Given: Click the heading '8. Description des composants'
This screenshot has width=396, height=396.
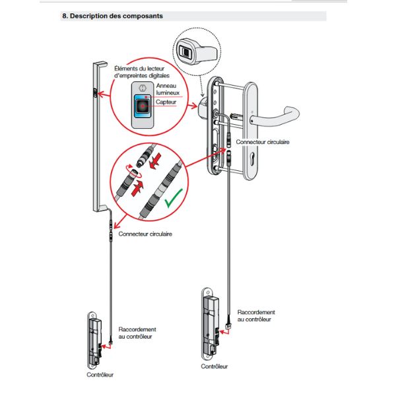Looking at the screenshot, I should coord(112,16).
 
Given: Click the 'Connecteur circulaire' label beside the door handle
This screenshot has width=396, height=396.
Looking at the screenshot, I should coord(261,142).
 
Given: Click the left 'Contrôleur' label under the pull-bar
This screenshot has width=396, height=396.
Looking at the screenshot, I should coord(100,374).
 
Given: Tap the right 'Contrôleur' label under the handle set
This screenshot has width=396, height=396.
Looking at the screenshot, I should coord(214,366).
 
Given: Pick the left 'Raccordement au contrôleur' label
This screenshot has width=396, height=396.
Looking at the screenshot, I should coord(137,332).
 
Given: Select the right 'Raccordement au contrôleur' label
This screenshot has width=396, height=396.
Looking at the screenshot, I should coord(255,315).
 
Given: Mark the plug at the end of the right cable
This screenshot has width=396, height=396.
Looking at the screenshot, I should coord(228,324).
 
